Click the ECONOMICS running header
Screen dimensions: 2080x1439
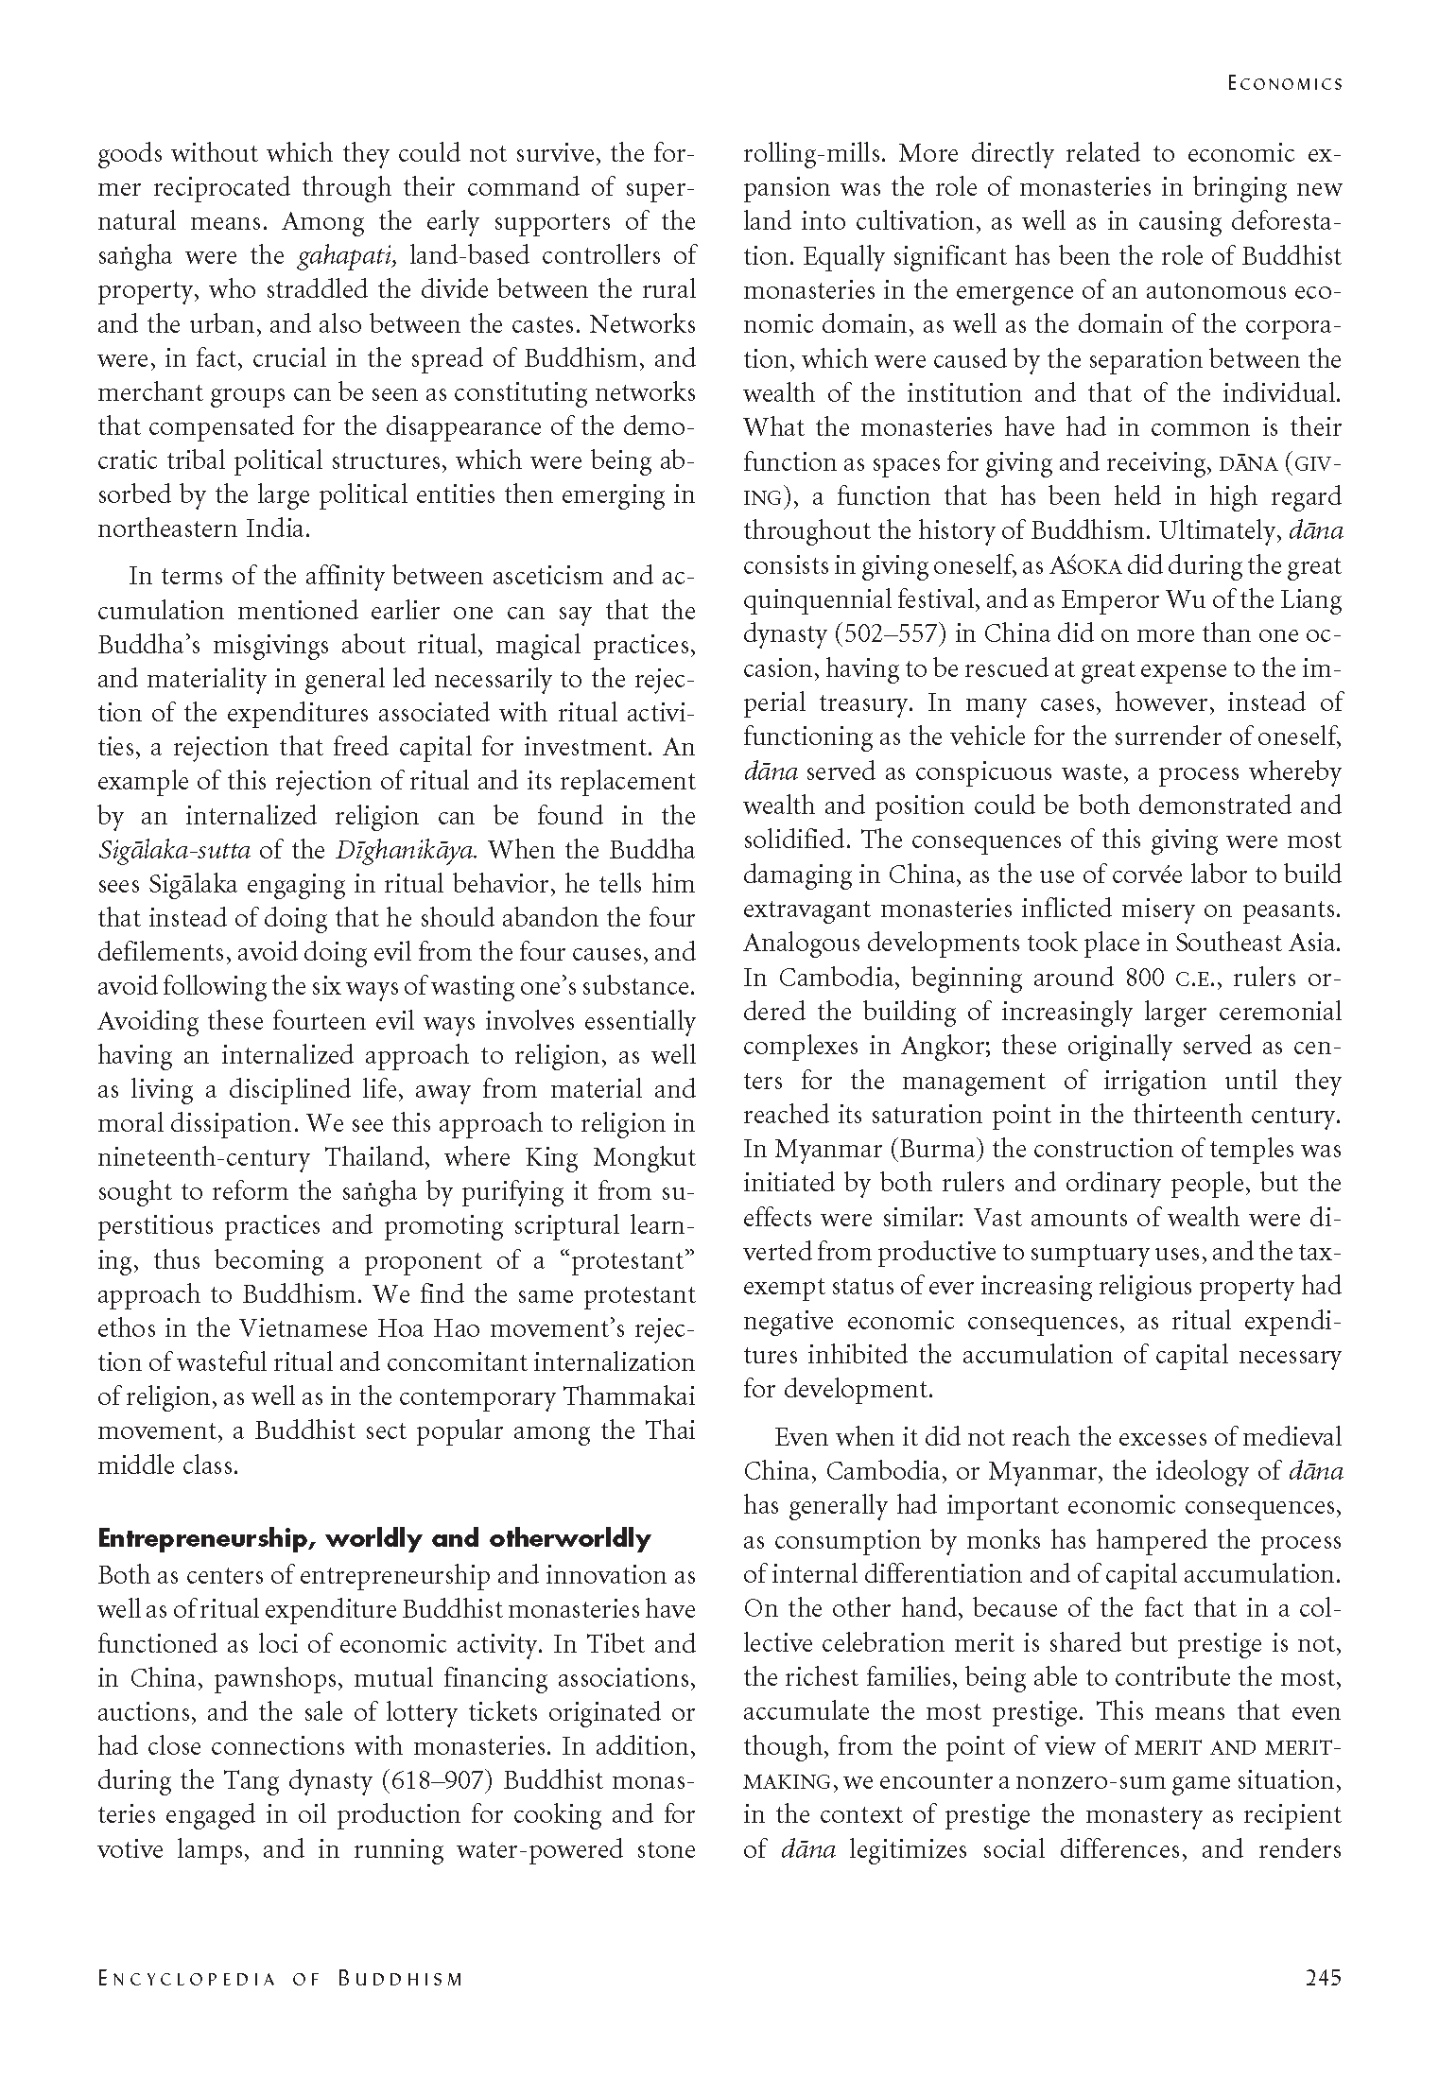pyautogui.click(x=1284, y=83)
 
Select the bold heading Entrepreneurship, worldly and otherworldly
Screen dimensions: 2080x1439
pyautogui.click(x=374, y=1538)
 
